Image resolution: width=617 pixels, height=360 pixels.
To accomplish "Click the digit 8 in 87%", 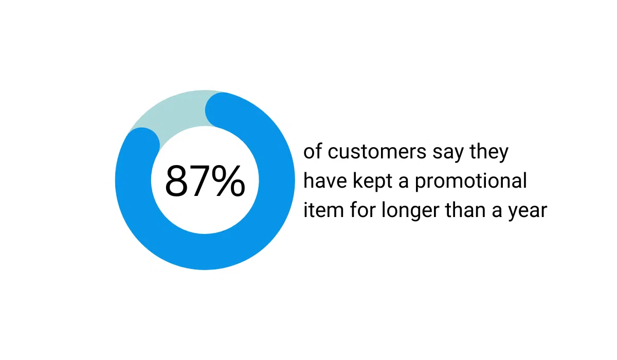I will [177, 181].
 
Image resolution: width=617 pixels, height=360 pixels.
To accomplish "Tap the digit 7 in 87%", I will [201, 181].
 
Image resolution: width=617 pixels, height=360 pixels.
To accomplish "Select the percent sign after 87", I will [229, 181].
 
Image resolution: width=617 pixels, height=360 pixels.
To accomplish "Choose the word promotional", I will [471, 182].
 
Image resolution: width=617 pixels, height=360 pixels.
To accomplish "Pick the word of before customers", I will [312, 152].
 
